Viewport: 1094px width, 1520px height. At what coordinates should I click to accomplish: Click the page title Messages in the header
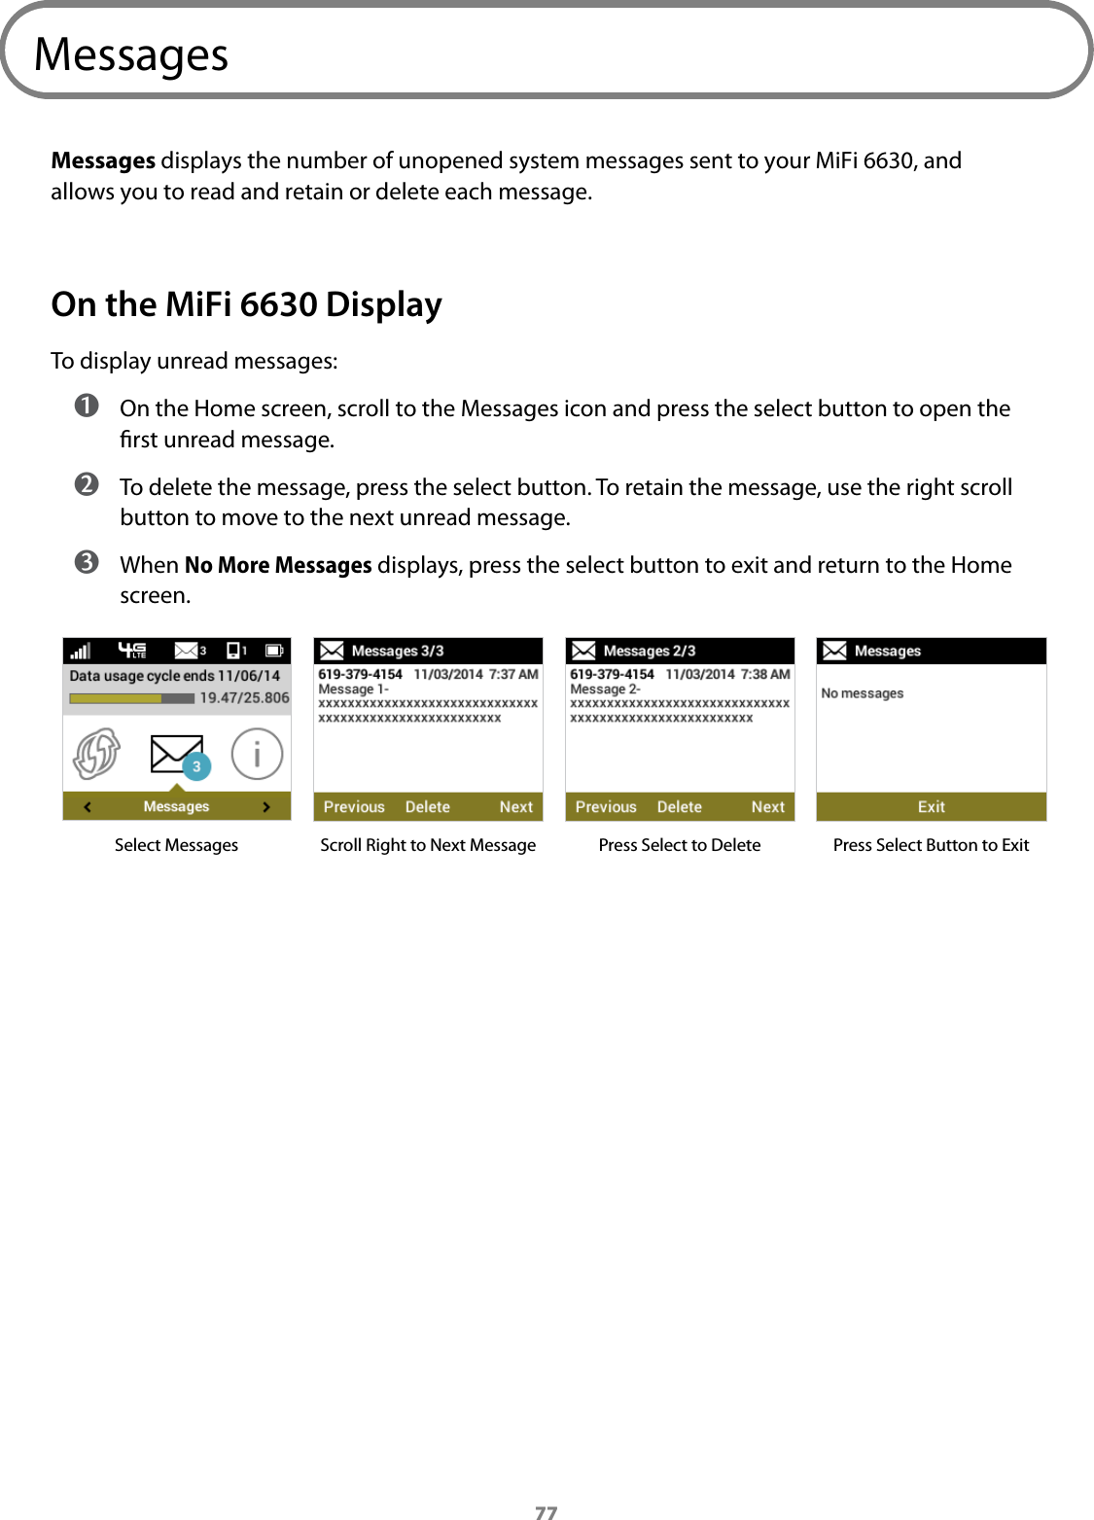coord(131,54)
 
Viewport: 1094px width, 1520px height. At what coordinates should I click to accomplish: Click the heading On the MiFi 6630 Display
coord(246,304)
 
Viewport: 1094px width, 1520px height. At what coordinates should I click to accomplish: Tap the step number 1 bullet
coord(87,406)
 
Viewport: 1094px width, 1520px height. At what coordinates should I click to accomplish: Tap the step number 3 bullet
coord(87,562)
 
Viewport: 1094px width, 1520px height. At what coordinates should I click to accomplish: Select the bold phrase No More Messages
coord(278,565)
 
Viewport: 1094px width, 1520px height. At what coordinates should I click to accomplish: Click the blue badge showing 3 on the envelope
coord(196,766)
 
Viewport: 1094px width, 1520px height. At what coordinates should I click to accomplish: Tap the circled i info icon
coord(257,754)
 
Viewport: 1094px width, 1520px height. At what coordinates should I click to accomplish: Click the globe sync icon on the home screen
coord(97,754)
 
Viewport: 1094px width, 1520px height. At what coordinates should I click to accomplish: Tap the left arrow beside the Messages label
coord(88,807)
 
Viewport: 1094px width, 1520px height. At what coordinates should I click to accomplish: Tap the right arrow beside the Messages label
coord(266,807)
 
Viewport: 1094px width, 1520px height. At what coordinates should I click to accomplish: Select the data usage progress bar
coord(131,698)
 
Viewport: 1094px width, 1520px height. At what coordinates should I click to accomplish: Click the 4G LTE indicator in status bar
coord(132,650)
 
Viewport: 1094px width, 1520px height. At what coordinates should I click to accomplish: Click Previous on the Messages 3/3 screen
coord(354,807)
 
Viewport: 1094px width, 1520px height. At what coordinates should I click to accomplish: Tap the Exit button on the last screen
coord(931,807)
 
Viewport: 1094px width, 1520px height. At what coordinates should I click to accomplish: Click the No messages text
coord(862,693)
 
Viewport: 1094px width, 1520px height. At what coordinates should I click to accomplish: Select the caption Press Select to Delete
coord(680,845)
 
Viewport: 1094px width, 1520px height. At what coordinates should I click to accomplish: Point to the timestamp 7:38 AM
coord(765,674)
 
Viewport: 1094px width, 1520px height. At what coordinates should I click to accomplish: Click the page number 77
coord(547,1511)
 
